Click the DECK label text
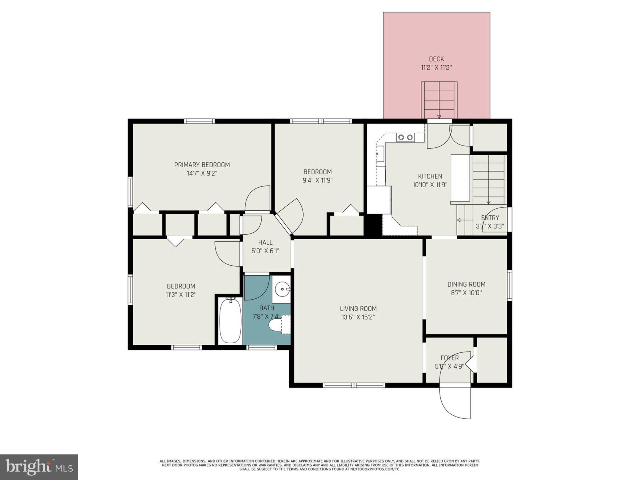pos(436,59)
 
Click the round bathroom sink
pos(283,288)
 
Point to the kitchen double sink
pos(405,137)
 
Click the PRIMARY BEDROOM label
pos(202,165)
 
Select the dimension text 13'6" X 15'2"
pos(358,317)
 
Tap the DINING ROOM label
pos(466,284)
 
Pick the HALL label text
pos(265,242)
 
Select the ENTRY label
pos(490,218)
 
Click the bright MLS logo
pos(39,467)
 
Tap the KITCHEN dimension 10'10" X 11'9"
pos(430,185)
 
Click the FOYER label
pos(450,358)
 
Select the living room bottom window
pos(354,385)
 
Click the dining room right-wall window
pos(510,285)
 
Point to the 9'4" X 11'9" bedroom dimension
pos(318,180)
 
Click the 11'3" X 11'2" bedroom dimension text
pos(181,295)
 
